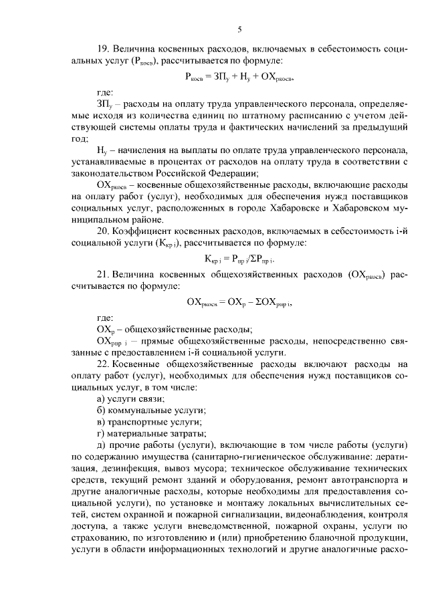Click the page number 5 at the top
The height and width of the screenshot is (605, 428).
[239, 29]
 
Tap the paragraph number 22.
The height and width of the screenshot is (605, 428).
[104, 364]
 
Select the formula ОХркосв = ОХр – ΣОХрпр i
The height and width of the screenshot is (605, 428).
[239, 301]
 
